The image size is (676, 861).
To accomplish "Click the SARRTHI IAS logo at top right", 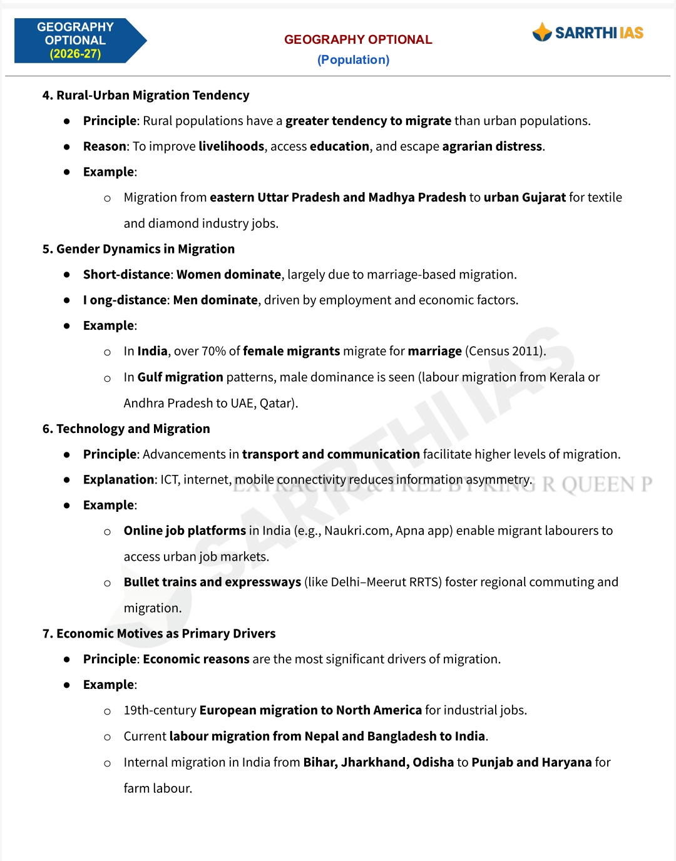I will pyautogui.click(x=588, y=33).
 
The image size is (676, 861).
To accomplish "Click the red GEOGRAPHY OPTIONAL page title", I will pyautogui.click(x=358, y=39).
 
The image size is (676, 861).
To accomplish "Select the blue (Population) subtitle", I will pyautogui.click(x=353, y=59).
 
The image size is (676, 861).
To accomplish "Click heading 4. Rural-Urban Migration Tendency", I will pyautogui.click(x=146, y=95).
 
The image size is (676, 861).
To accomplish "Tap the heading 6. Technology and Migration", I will pyautogui.click(x=126, y=429).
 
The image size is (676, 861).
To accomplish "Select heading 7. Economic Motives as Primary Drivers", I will pyautogui.click(x=159, y=633).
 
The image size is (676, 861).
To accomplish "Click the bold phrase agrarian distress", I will pyautogui.click(x=492, y=146).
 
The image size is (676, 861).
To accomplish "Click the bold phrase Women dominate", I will pyautogui.click(x=228, y=275).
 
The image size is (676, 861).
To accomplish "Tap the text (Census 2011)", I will pyautogui.click(x=505, y=351).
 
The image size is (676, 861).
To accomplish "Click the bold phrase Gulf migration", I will pyautogui.click(x=180, y=377).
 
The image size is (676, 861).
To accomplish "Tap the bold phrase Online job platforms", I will pyautogui.click(x=185, y=531).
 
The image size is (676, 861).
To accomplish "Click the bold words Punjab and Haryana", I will pyautogui.click(x=531, y=762).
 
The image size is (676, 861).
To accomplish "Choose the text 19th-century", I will pyautogui.click(x=160, y=710).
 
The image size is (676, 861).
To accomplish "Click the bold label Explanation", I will pyautogui.click(x=118, y=480).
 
